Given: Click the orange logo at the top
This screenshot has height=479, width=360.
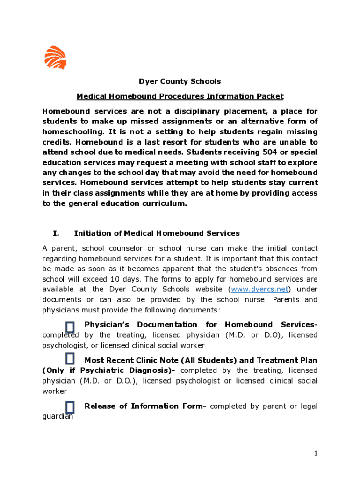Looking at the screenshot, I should click(55, 57).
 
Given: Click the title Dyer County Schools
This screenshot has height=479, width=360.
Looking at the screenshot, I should click(180, 81).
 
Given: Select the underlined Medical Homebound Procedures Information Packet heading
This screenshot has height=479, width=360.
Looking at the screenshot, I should click(180, 96).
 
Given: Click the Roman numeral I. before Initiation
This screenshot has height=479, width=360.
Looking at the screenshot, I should click(57, 233).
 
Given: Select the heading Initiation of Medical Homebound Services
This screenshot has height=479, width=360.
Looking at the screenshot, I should click(157, 233).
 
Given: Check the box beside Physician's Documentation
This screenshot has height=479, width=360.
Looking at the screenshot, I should click(70, 327).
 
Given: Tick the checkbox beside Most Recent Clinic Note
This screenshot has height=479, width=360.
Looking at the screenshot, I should click(70, 359).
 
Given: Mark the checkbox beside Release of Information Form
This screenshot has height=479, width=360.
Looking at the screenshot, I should click(70, 406).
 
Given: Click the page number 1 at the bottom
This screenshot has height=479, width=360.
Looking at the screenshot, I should click(316, 453).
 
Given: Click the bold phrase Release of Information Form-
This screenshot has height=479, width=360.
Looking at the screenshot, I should click(145, 406).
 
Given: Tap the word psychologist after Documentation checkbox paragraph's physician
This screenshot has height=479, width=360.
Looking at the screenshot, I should click(64, 345).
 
